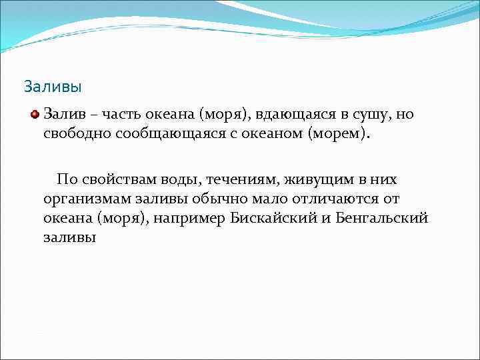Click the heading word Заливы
pyautogui.click(x=53, y=87)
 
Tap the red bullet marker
pyautogui.click(x=35, y=114)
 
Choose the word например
pyautogui.click(x=191, y=218)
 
